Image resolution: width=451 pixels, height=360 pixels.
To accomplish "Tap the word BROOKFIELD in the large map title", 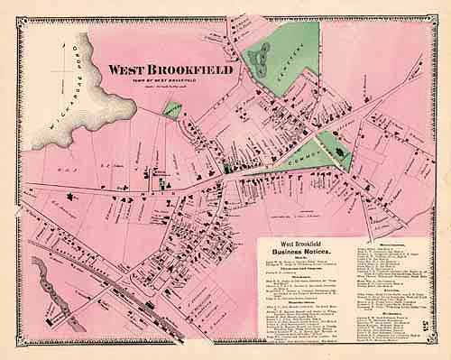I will [192, 69].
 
